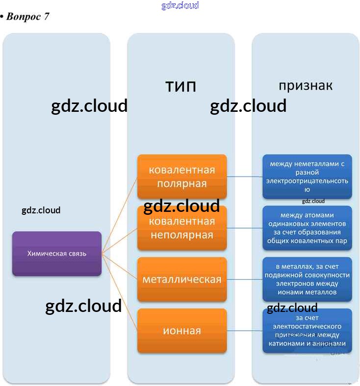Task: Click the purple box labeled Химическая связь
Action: pos(56,253)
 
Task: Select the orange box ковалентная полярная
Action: pos(182,177)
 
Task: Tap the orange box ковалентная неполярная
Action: pos(182,228)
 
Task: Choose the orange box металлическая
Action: pos(182,279)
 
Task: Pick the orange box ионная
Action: pos(182,331)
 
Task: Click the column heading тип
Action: pos(180,86)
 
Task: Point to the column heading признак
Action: pos(306,85)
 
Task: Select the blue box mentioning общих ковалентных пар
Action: pos(307,228)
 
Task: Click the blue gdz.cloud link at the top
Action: pos(180,5)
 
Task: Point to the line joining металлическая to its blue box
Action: pos(244,279)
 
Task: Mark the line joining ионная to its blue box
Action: pos(244,331)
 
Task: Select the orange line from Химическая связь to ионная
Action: pos(120,292)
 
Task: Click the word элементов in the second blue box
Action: pos(329,223)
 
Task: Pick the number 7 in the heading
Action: pos(46,16)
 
